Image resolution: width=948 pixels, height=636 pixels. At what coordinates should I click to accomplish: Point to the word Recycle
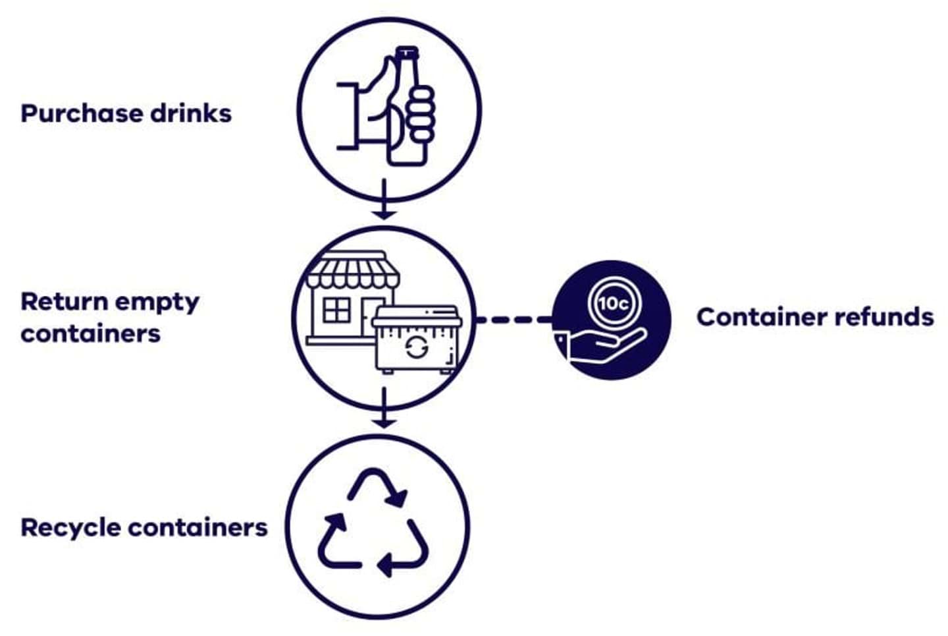pyautogui.click(x=70, y=527)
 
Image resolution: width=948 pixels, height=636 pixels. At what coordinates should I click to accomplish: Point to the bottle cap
pyautogui.click(x=406, y=51)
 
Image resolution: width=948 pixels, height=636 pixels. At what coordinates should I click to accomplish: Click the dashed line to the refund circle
pyautogui.click(x=514, y=320)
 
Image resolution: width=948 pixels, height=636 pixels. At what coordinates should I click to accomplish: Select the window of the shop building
pyautogui.click(x=337, y=310)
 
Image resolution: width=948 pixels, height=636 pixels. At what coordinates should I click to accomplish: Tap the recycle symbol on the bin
pyautogui.click(x=415, y=346)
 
